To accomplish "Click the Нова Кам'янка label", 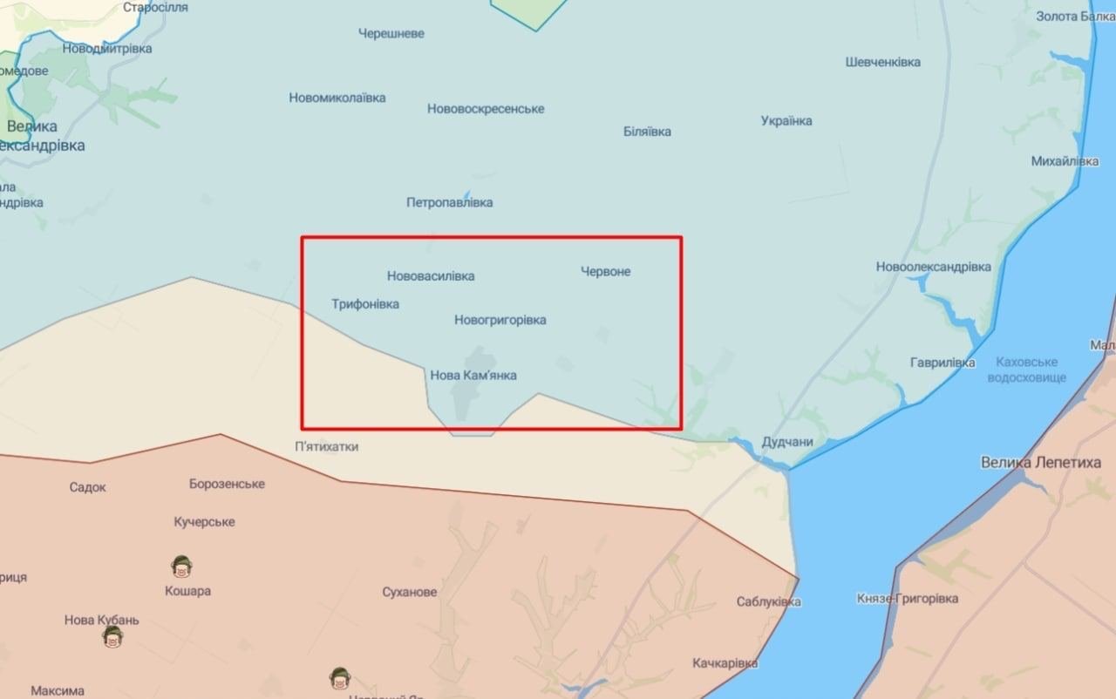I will pos(473,376).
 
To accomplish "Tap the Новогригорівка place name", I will pos(500,320).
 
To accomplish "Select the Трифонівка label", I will pos(365,304).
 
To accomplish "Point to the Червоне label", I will pos(606,271).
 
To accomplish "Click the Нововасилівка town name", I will pos(431,276).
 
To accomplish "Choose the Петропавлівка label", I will pos(449,202).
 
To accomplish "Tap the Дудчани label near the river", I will pos(787,442).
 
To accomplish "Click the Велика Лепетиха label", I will pos(1040,463).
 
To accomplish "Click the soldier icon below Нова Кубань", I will pos(112,638).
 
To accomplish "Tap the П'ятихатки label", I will pos(326,447).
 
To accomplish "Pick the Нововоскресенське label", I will pos(486,109).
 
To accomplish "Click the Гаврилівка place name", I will pos(942,362).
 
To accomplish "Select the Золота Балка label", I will pos(1075,17).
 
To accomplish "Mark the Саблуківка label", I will pos(768,601).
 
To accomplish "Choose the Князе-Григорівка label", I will pos(908,599).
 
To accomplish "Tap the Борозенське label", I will pos(227,484).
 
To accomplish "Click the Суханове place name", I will pos(410,593).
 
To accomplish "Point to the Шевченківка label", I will pos(882,62).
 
